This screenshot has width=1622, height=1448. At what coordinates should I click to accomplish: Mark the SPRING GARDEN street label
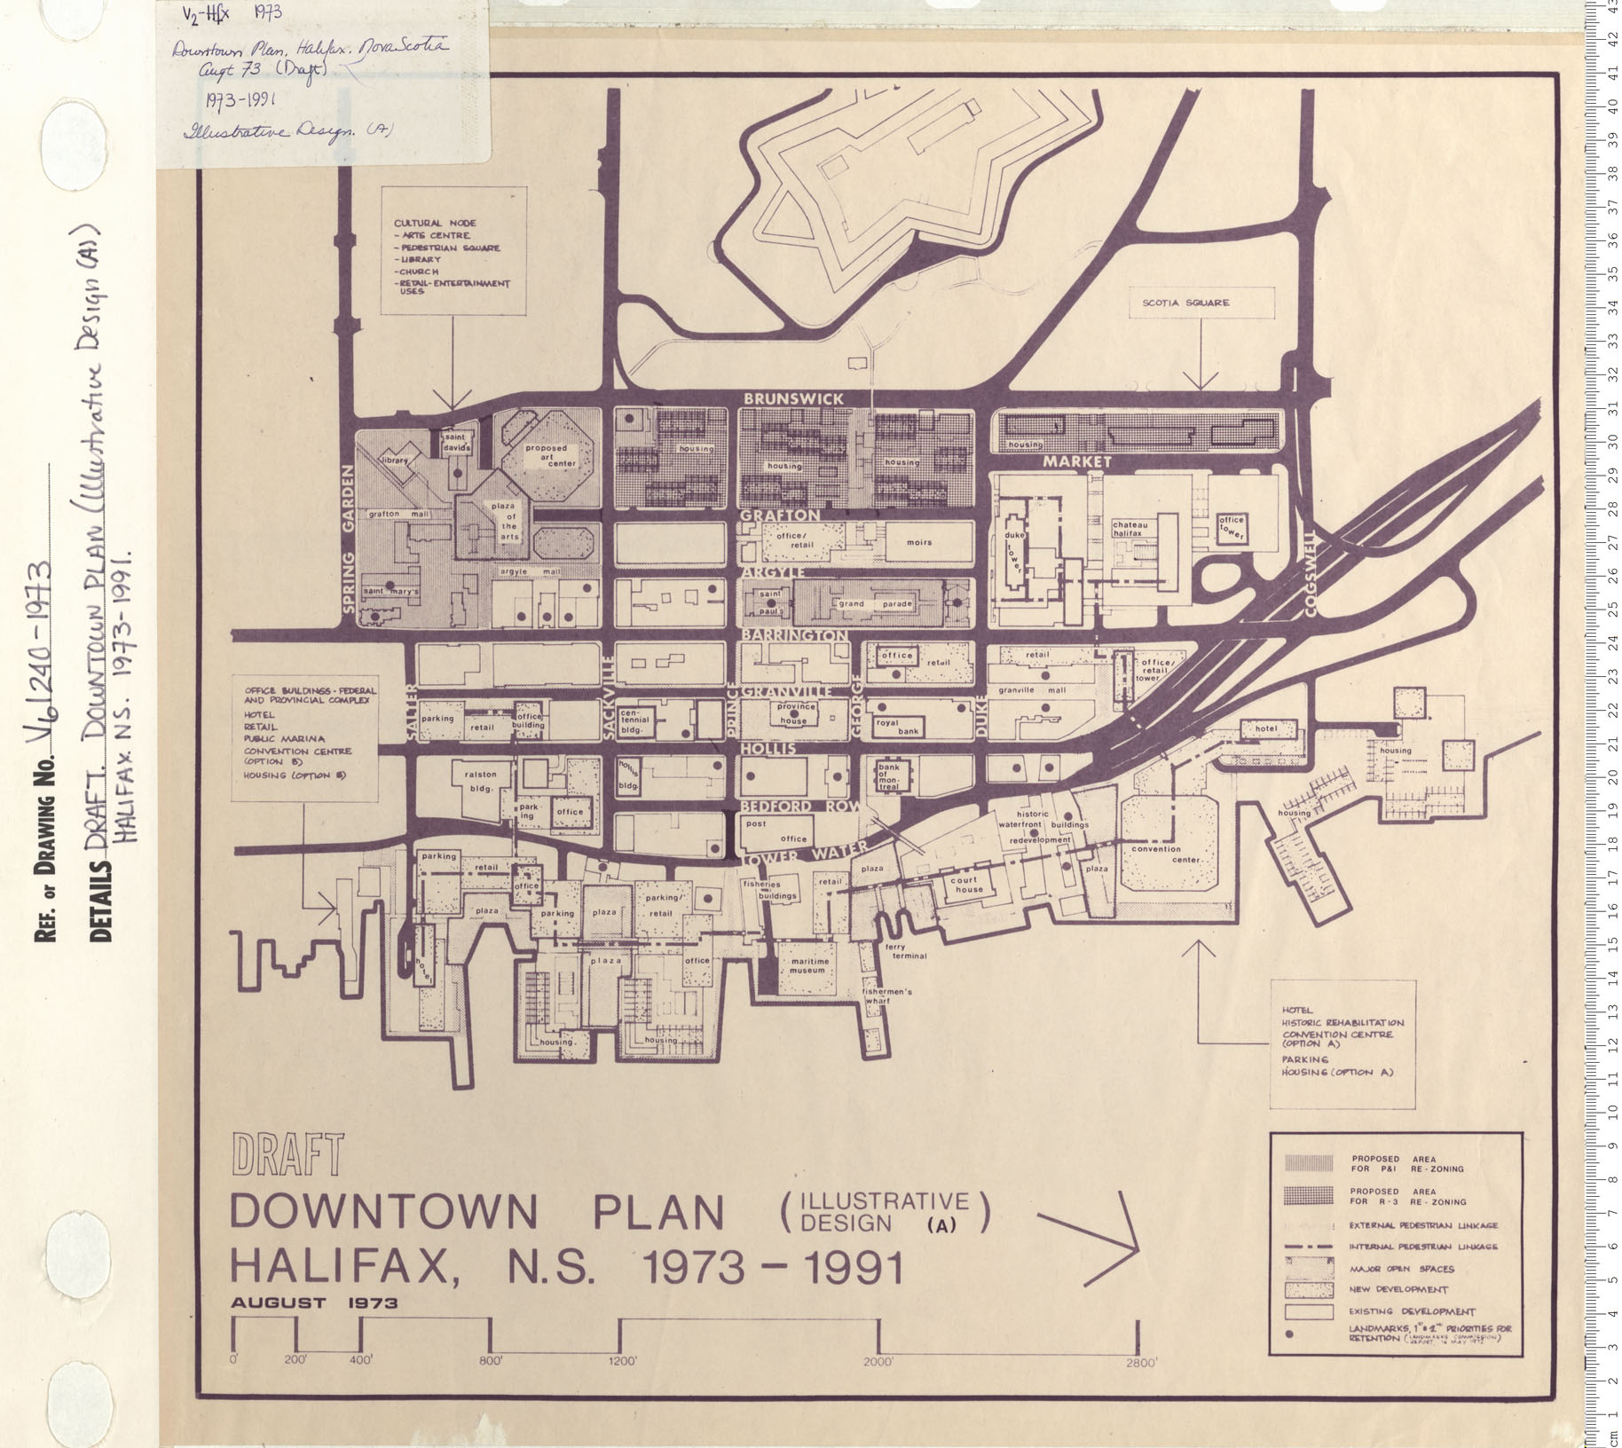[x=347, y=540]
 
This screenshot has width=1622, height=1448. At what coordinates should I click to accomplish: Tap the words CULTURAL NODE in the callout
[x=435, y=223]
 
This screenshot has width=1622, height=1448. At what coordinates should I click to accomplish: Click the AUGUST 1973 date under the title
[x=314, y=1303]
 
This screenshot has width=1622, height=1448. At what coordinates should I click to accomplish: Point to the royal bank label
[x=888, y=727]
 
